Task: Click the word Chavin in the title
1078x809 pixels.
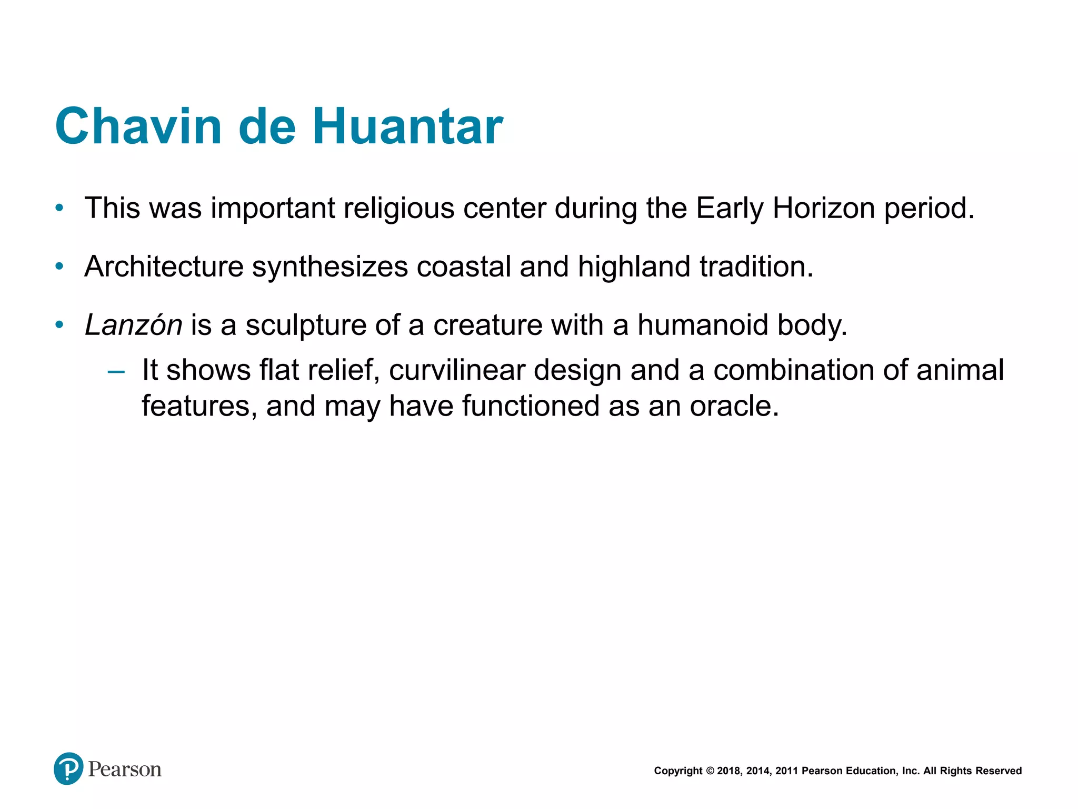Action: click(x=138, y=126)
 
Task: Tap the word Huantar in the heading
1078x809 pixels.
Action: click(x=408, y=126)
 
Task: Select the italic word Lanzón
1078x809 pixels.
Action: click(x=134, y=325)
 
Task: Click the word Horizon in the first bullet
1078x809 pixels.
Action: click(x=824, y=208)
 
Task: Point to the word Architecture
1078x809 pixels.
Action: click(x=164, y=267)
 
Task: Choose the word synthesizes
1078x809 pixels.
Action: click(x=330, y=267)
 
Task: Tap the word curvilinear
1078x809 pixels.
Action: click(x=456, y=370)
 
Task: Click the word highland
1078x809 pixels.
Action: click(x=634, y=267)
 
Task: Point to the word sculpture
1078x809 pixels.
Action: click(x=306, y=325)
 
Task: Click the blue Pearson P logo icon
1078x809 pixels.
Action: click(x=68, y=769)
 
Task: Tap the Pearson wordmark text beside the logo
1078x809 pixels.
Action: click(x=125, y=769)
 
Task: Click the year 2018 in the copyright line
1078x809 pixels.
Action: click(x=728, y=771)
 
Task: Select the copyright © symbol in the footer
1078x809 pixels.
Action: click(x=710, y=771)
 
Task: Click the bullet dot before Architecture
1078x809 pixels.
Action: click(x=59, y=267)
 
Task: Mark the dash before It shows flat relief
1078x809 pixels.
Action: click(x=116, y=371)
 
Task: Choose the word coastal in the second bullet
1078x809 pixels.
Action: click(x=464, y=267)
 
